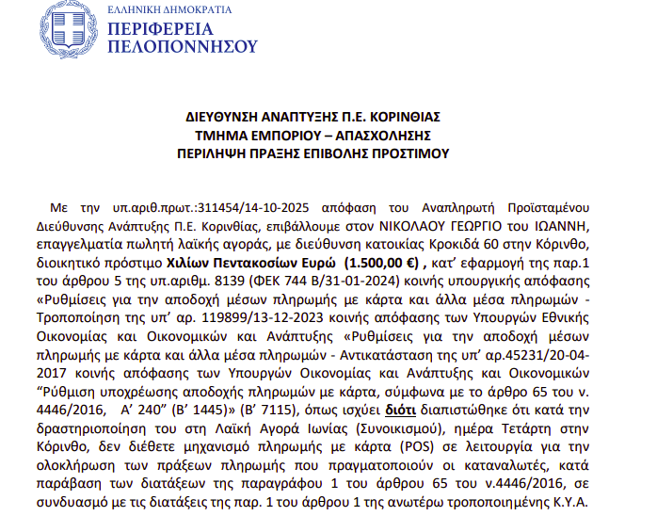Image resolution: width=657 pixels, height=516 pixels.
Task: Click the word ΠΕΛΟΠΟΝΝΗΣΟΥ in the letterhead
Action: tap(183, 45)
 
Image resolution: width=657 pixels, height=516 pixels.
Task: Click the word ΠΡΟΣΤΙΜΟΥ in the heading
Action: tap(408, 153)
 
